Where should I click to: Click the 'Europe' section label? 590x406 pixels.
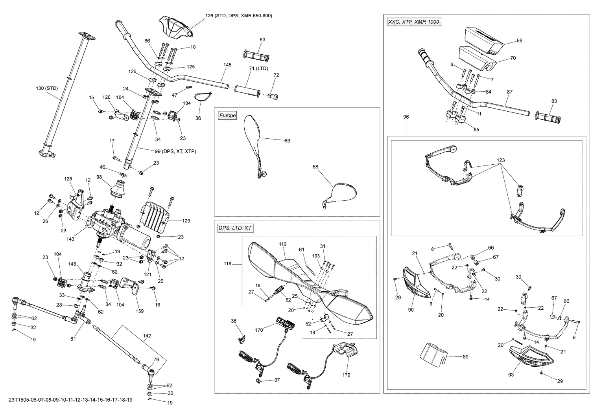pos(227,116)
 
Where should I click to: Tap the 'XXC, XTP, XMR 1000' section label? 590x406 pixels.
pos(413,22)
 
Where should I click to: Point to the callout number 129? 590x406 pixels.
pos(186,221)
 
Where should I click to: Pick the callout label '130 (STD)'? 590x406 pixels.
pos(47,88)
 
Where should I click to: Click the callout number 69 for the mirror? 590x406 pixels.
pos(287,140)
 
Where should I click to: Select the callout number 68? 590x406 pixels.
pos(315,167)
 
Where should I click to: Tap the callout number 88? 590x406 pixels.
pos(519,40)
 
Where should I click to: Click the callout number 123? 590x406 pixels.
pos(500,160)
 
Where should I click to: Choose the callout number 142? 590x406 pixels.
pos(147,336)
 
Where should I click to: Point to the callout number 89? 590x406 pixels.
pos(465,356)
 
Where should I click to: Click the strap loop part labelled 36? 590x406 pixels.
pos(203,96)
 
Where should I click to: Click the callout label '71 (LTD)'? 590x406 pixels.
pos(258,68)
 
